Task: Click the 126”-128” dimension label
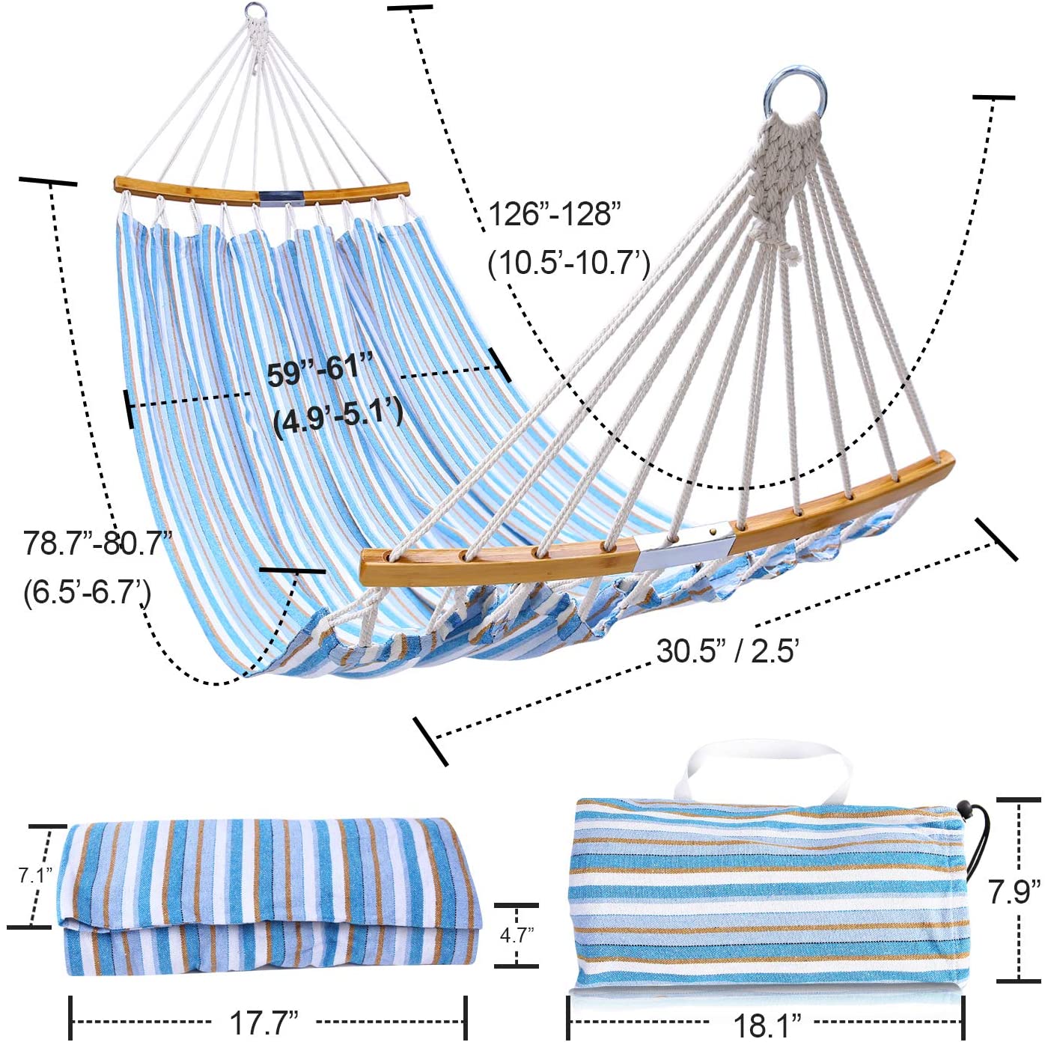click(554, 214)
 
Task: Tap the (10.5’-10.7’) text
click(569, 264)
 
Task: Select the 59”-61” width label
click(320, 369)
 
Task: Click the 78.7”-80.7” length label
click(97, 543)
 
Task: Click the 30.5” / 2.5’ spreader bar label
click(728, 651)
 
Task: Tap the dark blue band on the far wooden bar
click(281, 197)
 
